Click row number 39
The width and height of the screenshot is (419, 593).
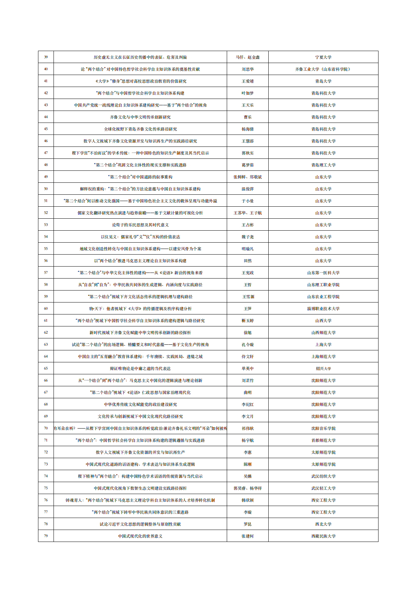coord(46,57)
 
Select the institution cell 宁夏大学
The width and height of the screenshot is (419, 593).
coord(323,57)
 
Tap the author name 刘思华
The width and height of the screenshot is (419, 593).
coord(248,69)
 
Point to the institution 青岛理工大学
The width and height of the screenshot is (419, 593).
coord(323,165)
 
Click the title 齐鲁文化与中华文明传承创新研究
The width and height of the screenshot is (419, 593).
coord(140,117)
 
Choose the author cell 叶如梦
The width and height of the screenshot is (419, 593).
coord(248,93)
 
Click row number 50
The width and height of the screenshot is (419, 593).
coord(46,189)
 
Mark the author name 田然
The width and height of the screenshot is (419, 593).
coord(248,261)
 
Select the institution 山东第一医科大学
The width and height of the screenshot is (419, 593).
coord(323,273)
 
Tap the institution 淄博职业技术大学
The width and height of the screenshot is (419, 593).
coord(323,308)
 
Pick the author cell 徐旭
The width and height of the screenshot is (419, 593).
coord(248,332)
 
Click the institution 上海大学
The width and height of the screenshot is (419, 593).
coord(323,344)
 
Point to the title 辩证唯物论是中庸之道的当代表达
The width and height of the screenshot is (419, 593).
coord(140,368)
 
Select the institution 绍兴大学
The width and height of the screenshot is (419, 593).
coord(323,368)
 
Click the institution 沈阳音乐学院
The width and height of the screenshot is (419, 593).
coord(323,428)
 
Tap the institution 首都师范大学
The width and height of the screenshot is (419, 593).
coord(323,440)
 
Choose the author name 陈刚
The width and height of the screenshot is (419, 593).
coord(248,464)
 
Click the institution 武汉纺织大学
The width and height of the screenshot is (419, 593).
coord(323,476)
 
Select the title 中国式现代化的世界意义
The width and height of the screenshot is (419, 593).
coord(140,536)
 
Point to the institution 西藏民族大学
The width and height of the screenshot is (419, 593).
coord(323,536)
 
